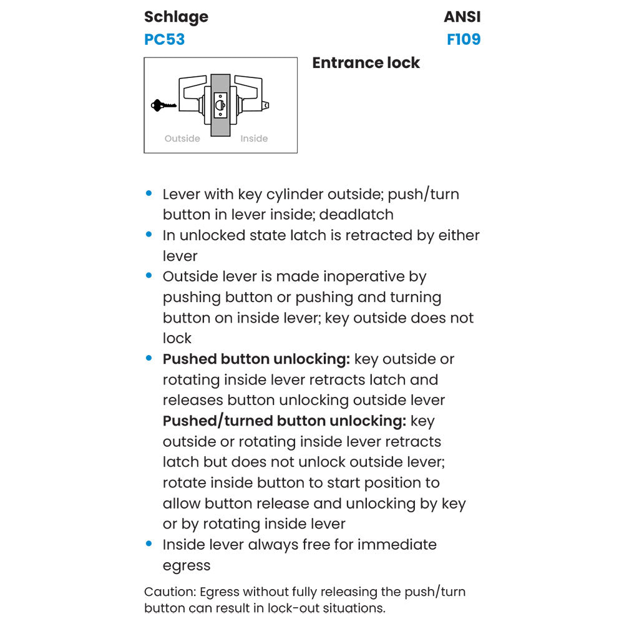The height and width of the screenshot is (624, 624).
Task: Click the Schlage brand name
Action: coord(176,17)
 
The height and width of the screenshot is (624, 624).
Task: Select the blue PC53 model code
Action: coord(164,40)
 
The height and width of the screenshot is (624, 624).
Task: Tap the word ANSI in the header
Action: coord(462,17)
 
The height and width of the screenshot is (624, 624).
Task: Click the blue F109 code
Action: coord(464,40)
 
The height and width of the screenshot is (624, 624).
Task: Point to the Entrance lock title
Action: coord(366,63)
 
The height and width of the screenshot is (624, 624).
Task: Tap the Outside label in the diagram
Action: coord(182,139)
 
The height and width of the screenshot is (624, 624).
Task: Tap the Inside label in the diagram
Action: coord(254,139)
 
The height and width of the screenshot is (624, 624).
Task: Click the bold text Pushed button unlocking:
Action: coord(256,359)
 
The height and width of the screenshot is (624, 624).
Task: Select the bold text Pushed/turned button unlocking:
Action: coord(285,421)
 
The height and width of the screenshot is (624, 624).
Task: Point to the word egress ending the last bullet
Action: coord(187,565)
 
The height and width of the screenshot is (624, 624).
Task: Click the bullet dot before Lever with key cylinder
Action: coord(149,194)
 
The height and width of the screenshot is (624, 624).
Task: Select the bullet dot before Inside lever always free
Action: coord(149,544)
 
